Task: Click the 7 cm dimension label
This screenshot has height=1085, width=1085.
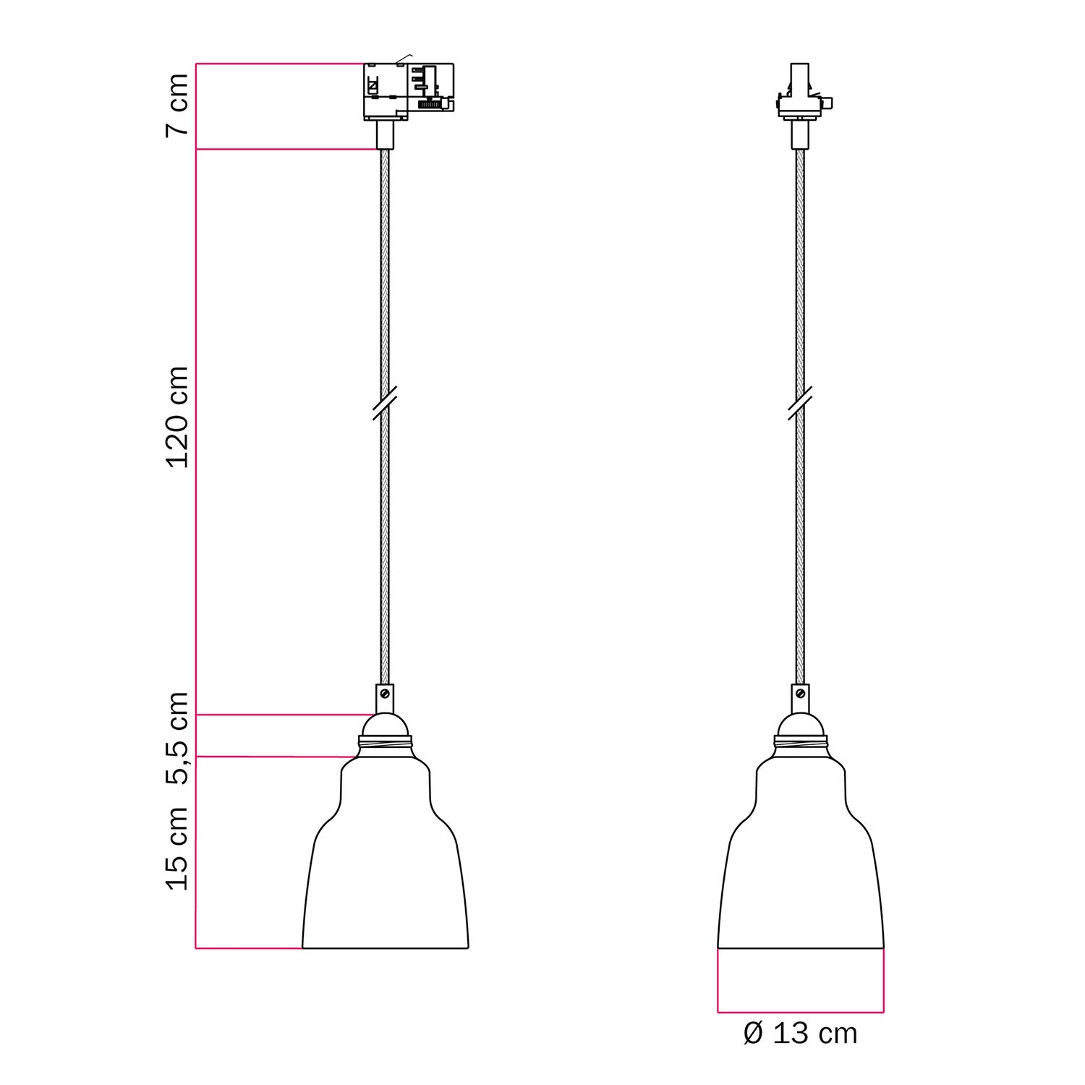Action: click(x=177, y=105)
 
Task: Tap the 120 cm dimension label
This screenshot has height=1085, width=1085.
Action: click(x=177, y=417)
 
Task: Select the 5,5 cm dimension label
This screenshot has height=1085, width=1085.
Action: click(x=177, y=738)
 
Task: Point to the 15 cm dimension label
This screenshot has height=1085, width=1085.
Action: click(x=177, y=848)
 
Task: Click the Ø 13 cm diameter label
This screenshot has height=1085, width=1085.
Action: click(x=800, y=1033)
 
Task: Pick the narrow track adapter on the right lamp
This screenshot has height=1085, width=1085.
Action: click(x=800, y=94)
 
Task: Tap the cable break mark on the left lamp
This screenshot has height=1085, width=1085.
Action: click(x=385, y=403)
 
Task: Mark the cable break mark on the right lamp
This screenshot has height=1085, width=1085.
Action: click(x=800, y=403)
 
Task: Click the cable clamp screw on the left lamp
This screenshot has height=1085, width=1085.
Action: click(x=385, y=693)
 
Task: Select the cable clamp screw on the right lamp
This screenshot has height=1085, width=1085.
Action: click(x=800, y=693)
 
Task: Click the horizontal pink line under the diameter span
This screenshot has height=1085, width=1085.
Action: click(x=800, y=1012)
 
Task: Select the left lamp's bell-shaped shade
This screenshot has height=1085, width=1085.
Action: click(x=385, y=868)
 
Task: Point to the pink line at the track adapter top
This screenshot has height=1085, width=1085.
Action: click(x=278, y=64)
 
